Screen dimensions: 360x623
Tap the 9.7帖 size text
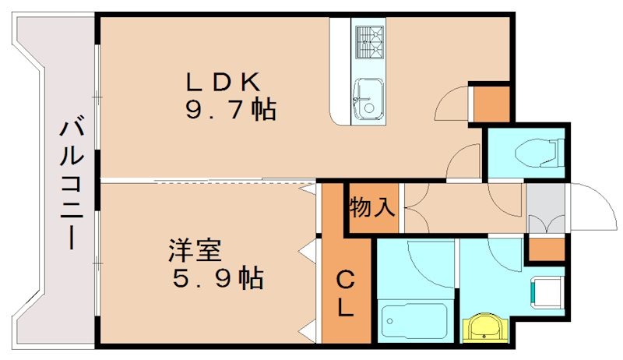click(x=230, y=110)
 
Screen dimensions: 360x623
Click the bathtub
click(x=414, y=318)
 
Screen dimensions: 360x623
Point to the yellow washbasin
click(x=484, y=327)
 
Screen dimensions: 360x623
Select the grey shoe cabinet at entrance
click(x=545, y=208)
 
